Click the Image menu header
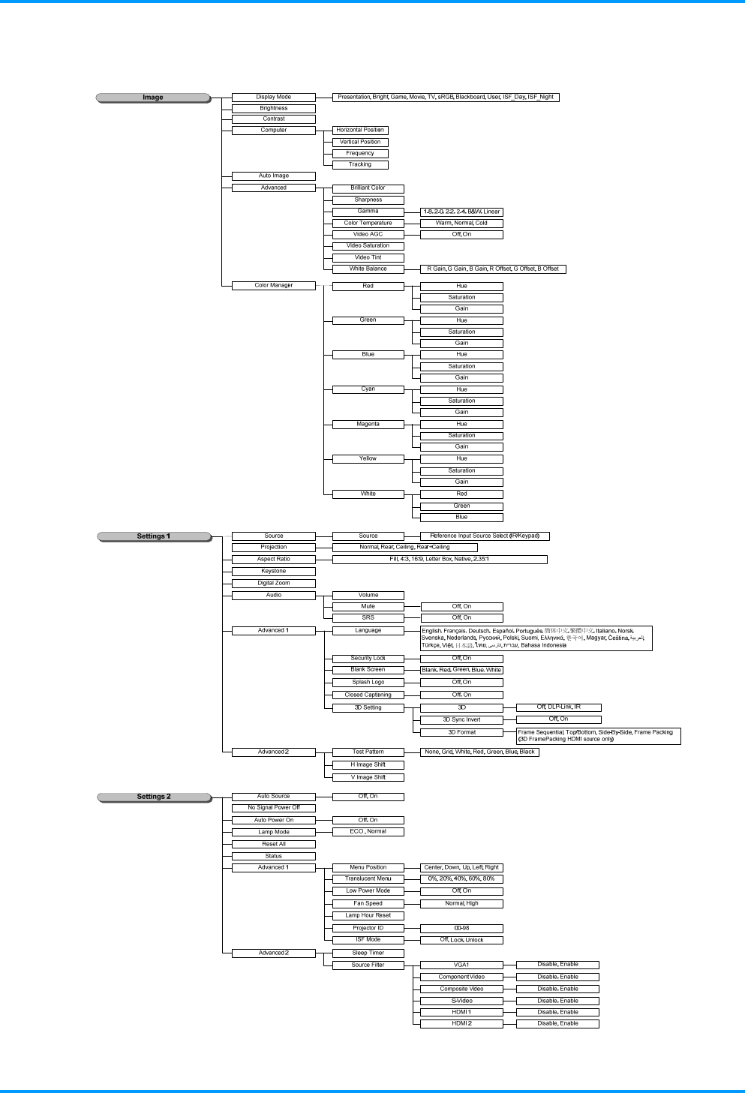153,98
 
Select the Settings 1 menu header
154,536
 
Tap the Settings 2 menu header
154,797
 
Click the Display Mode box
273,97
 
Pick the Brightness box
273,108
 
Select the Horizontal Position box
360,130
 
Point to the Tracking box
360,164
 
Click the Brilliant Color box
368,188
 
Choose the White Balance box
368,269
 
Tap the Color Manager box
273,285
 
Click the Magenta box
368,424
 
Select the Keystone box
273,571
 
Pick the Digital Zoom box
273,583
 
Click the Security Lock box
368,658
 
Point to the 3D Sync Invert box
461,719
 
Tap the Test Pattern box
368,752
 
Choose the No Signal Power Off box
273,808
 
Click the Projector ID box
368,928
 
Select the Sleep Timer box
368,953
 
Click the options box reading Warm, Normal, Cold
461,223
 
